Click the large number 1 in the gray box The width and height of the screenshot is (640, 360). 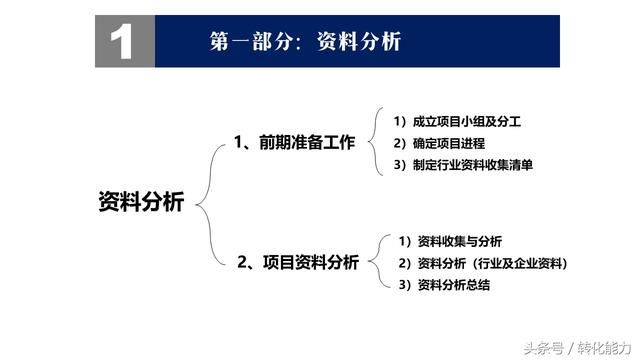(122, 42)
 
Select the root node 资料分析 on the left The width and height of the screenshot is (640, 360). (141, 202)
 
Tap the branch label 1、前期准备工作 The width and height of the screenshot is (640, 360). (294, 142)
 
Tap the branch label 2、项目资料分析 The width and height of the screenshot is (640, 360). (296, 262)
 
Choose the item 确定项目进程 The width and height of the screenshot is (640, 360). (444, 143)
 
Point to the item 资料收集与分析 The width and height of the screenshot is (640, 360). (452, 241)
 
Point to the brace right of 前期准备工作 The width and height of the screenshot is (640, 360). (371, 142)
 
